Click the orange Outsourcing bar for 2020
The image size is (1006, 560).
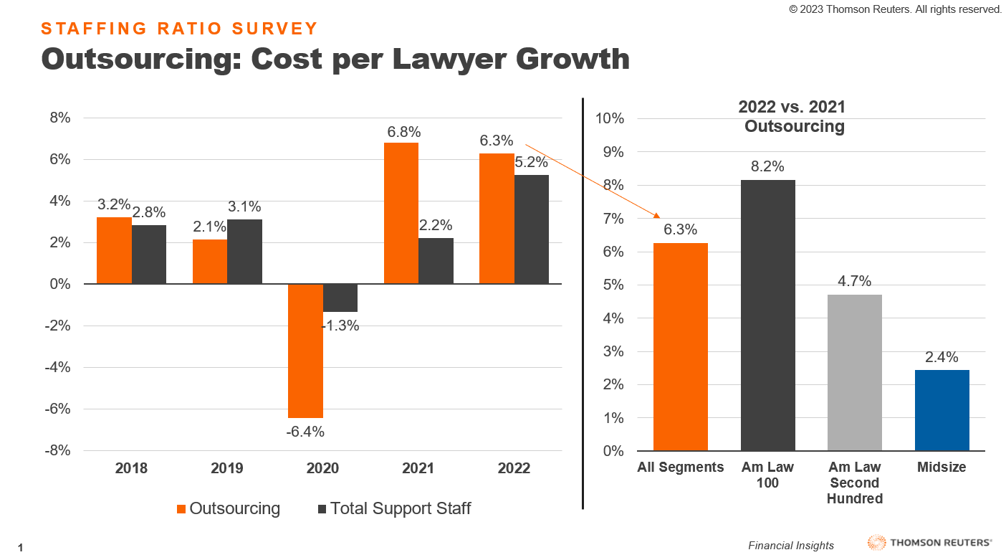[305, 351]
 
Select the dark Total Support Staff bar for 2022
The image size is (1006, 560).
[532, 229]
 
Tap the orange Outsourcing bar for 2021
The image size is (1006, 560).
[401, 213]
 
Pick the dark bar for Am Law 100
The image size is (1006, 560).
[767, 315]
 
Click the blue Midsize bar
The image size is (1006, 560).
[942, 410]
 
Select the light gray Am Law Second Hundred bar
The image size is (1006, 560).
[855, 373]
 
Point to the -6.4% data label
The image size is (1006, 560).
[305, 432]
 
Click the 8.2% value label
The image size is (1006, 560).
[767, 167]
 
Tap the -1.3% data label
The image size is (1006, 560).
[340, 326]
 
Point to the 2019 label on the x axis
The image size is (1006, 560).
[226, 468]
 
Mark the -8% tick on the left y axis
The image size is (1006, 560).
[55, 450]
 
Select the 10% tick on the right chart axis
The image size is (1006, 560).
[610, 118]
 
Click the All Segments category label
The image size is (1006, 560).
[681, 468]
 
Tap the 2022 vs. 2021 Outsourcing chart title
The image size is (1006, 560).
[792, 117]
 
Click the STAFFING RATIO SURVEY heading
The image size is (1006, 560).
[179, 29]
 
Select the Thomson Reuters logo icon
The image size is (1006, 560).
[876, 543]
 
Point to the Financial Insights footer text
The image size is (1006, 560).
[791, 546]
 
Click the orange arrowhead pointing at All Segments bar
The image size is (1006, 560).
[655, 214]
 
